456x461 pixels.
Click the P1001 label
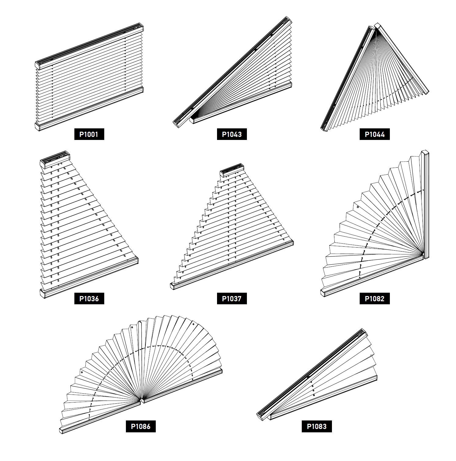click(x=89, y=134)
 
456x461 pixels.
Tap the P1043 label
click(x=232, y=134)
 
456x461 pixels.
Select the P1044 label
click(x=375, y=134)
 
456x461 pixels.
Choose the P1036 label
click(x=89, y=298)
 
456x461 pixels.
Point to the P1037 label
click(x=232, y=298)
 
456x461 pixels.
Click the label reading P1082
click(x=375, y=298)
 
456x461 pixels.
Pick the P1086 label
click(x=141, y=426)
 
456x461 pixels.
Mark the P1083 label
click(x=317, y=426)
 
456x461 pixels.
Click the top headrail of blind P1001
click(x=89, y=46)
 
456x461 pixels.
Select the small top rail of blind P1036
click(x=55, y=159)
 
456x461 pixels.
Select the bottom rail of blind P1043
click(x=241, y=102)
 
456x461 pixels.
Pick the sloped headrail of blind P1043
click(x=233, y=72)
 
